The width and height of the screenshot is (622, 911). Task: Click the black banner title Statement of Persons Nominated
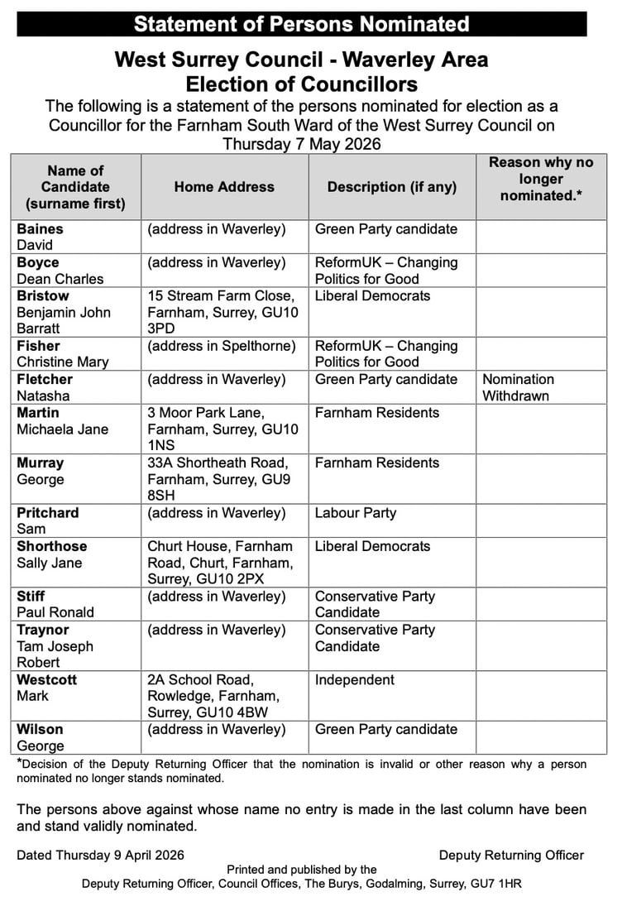coord(301,23)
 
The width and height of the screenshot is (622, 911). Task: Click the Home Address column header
coord(224,187)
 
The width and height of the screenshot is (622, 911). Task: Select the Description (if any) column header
coord(392,187)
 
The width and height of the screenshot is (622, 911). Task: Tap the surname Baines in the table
coord(40,229)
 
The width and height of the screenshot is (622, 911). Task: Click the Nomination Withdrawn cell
coord(519,387)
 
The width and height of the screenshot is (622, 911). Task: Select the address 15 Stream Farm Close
coord(221,296)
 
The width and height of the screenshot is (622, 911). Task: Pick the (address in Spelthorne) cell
coord(222,346)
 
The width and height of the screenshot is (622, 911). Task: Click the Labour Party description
coord(356,513)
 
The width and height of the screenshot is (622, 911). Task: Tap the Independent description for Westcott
coord(356,680)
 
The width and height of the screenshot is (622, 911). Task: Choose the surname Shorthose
coord(51,546)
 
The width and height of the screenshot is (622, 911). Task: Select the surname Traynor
coord(44,630)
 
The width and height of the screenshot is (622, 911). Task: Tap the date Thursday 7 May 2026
coord(301,143)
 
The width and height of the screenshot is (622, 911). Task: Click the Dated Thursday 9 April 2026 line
coord(101,856)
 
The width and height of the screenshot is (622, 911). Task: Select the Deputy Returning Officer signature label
coord(511,856)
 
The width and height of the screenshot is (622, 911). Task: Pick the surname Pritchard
coord(48,513)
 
